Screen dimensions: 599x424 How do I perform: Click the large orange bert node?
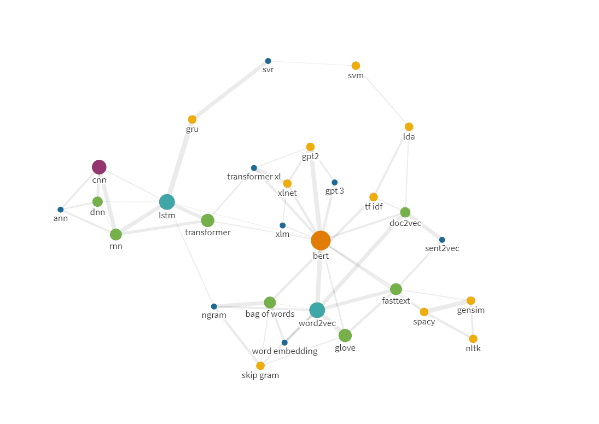coord(321,240)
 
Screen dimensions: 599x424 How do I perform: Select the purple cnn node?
coord(99,167)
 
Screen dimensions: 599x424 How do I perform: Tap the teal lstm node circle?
coord(167,202)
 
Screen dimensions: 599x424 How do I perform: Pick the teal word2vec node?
coord(317,310)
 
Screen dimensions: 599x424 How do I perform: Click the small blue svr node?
coord(268,61)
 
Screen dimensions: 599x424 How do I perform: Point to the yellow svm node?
coord(356,66)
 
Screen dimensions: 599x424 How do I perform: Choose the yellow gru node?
coord(192,120)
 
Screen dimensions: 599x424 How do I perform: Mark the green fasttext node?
coord(396,289)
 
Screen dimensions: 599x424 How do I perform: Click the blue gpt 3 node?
coord(335,183)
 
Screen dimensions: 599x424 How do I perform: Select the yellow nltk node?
coord(473,339)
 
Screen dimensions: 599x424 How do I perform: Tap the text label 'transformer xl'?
coord(254,177)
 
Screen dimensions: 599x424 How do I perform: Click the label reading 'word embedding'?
coord(284,351)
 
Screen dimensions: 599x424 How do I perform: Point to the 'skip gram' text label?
coord(260,375)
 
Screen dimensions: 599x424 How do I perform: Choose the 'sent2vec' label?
coord(442,248)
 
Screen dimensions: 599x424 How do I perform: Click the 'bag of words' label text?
coord(270,314)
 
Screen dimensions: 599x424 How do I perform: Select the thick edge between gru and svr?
coord(230,90)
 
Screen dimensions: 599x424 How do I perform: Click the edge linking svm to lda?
coord(382,96)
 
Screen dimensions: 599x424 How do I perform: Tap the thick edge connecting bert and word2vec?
coord(319,276)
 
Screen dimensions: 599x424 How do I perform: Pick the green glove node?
coord(345,335)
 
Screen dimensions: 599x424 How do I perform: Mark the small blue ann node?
coord(60,210)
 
